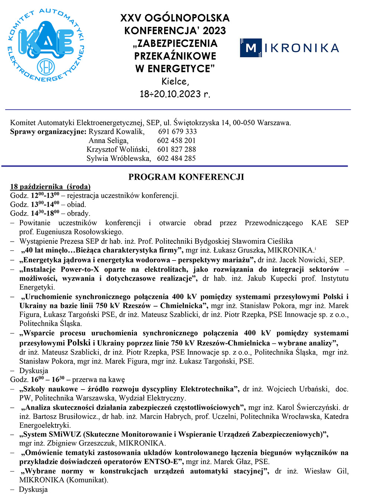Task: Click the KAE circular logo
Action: click(46, 45)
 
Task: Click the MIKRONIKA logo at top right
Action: click(289, 48)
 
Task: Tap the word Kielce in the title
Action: click(175, 81)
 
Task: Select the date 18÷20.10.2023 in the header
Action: click(175, 94)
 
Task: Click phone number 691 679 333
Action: click(177, 132)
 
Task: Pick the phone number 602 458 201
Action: click(176, 140)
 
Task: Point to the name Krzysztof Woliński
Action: click(118, 149)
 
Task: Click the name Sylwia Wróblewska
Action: click(119, 158)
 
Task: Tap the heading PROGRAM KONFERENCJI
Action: click(186, 177)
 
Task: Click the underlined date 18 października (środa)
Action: click(50, 187)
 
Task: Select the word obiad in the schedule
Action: click(76, 204)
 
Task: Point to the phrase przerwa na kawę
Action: click(99, 380)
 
